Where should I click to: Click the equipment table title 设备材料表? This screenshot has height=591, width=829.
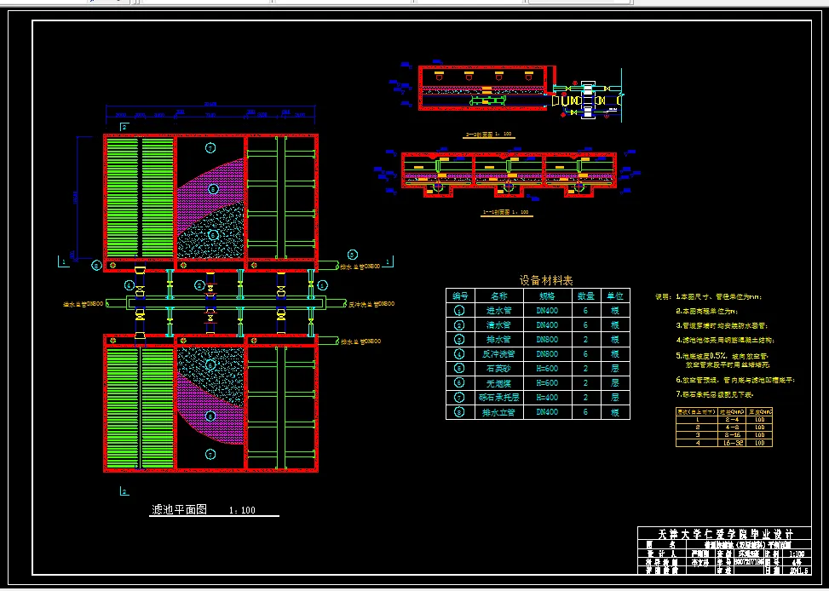click(x=545, y=279)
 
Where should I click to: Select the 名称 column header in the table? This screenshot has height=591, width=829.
click(x=499, y=295)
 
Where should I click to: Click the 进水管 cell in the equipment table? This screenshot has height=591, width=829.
click(x=499, y=310)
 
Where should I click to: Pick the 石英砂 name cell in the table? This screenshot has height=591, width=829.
click(x=499, y=368)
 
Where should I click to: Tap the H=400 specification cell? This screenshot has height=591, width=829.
click(x=546, y=397)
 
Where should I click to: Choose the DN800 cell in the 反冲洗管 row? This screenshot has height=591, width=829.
click(x=546, y=353)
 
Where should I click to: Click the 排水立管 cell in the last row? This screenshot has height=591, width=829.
click(x=499, y=412)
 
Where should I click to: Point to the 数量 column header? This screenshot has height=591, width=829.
click(x=586, y=295)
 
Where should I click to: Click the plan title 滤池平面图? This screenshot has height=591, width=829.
click(x=178, y=509)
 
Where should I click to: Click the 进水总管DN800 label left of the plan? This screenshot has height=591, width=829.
click(x=83, y=303)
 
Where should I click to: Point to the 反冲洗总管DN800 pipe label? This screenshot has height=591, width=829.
click(x=372, y=303)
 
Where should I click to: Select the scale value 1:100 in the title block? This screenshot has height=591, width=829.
click(x=795, y=553)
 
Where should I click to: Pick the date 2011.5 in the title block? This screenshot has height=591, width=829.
click(x=800, y=582)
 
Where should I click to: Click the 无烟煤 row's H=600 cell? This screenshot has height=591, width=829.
click(x=546, y=382)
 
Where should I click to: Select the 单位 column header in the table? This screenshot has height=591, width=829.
click(x=615, y=295)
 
